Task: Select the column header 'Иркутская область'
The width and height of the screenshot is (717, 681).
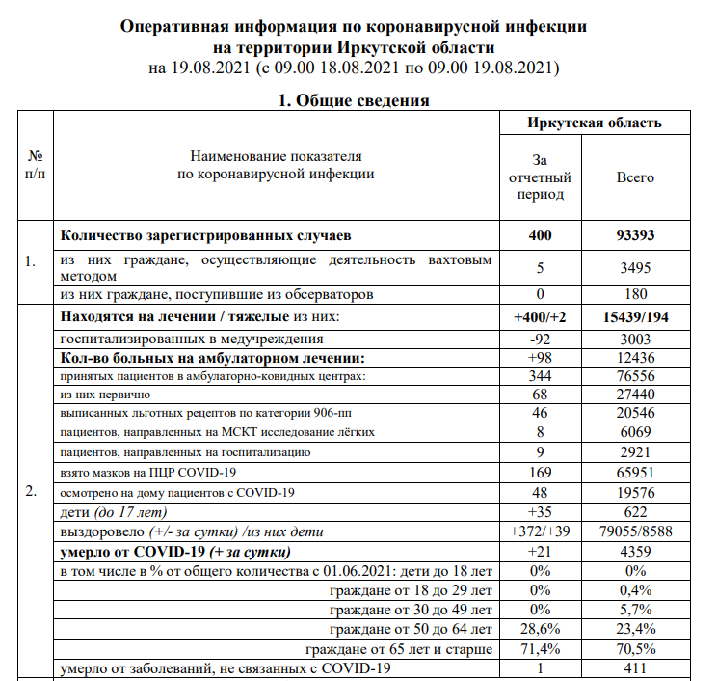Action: pyautogui.click(x=594, y=123)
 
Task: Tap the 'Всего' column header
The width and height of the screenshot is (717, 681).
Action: pyautogui.click(x=635, y=177)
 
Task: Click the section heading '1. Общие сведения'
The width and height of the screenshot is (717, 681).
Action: pyautogui.click(x=354, y=100)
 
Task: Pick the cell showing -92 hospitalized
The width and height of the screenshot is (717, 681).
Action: pyautogui.click(x=539, y=339)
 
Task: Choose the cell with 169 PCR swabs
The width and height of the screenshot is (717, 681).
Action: pyautogui.click(x=539, y=472)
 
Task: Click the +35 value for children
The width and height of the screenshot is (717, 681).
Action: pyautogui.click(x=539, y=512)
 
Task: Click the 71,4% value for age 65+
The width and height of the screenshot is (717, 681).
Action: pyautogui.click(x=539, y=648)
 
